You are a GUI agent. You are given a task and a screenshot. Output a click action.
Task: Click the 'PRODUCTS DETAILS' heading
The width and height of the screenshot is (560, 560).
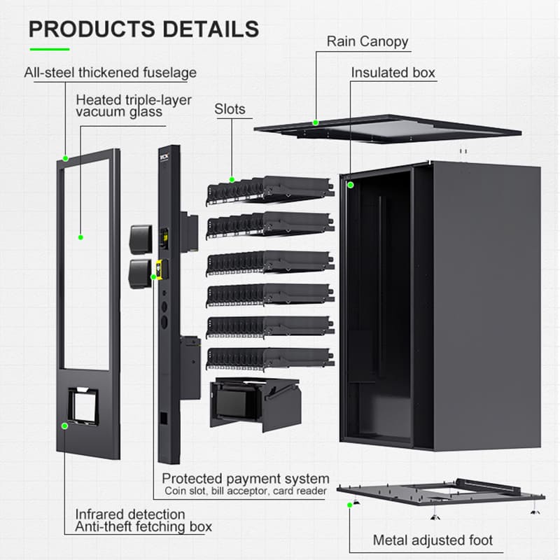point(144,29)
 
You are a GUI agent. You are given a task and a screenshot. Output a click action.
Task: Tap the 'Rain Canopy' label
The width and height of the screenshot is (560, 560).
point(367,41)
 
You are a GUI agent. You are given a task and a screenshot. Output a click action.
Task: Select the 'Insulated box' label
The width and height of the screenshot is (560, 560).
point(393,73)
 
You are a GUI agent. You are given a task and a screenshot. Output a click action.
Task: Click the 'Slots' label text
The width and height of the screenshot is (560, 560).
point(231,109)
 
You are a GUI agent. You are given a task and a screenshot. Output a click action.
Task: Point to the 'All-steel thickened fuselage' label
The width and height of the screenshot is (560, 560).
point(110,73)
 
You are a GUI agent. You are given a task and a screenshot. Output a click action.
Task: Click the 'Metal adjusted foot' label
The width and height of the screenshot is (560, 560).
point(433,540)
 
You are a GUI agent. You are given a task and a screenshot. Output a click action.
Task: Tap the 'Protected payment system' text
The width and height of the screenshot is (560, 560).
point(245,479)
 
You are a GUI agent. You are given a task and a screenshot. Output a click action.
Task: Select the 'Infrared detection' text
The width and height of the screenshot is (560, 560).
point(130,514)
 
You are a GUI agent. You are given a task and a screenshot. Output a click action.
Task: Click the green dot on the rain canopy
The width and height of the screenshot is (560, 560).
point(316,122)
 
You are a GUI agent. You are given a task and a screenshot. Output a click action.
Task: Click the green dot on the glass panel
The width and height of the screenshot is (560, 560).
point(80,237)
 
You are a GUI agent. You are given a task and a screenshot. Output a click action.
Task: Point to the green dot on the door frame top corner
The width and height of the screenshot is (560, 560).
point(64,158)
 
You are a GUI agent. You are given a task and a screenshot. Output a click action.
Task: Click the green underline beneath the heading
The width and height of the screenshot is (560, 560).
point(49,49)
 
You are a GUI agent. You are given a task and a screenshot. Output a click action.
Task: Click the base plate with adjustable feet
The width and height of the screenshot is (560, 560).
point(441,493)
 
